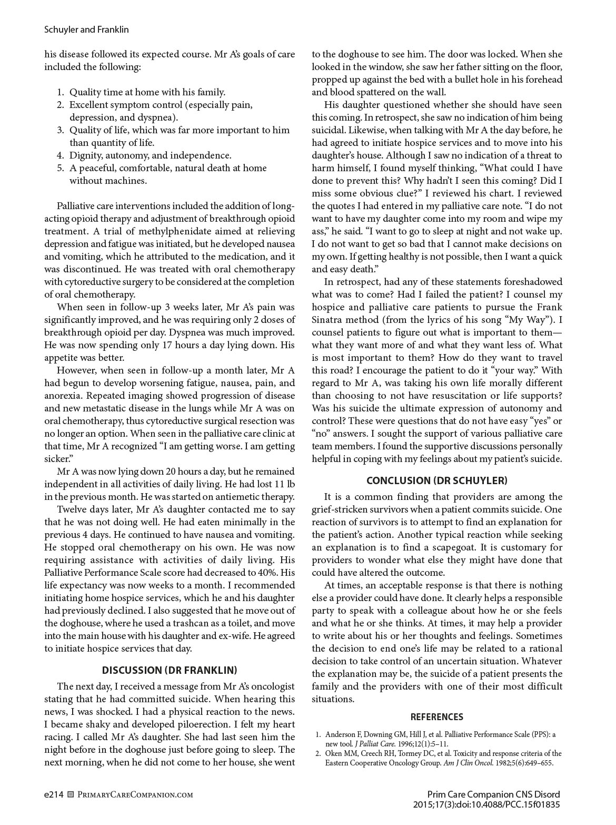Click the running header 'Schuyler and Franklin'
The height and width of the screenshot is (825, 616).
[x=86, y=30]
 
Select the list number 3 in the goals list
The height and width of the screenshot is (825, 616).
[x=61, y=130]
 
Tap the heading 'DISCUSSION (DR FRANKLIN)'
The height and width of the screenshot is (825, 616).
[x=169, y=670]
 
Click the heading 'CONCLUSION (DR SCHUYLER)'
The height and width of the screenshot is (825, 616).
[x=436, y=480]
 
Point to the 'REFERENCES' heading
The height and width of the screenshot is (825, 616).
[x=436, y=716]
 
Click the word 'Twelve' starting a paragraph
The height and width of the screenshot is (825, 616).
[x=72, y=509]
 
